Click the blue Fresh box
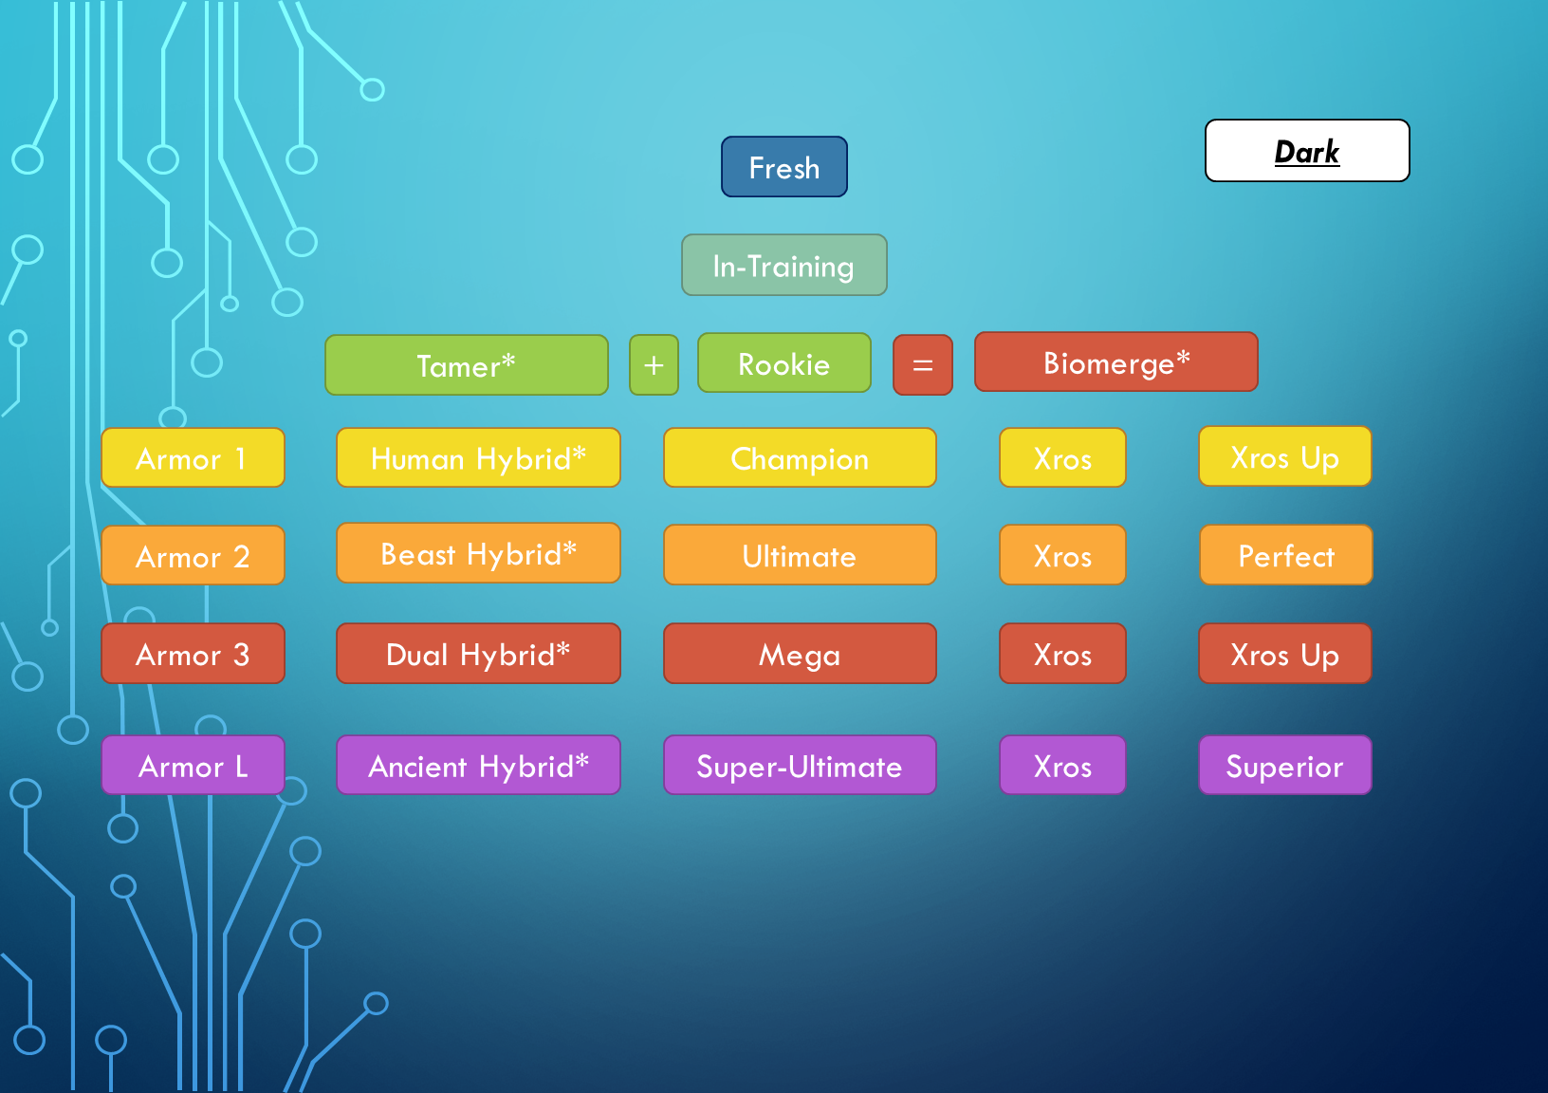tap(784, 167)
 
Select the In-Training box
tap(784, 265)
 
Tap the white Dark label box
tap(1307, 151)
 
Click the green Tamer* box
tap(467, 365)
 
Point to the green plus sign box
tap(654, 365)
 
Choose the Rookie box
tap(784, 363)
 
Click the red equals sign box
tap(923, 365)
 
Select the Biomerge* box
tap(1116, 361)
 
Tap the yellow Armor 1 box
tap(193, 457)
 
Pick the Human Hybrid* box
tap(478, 457)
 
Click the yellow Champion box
tap(800, 457)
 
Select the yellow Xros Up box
tap(1285, 456)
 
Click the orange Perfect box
tap(1286, 555)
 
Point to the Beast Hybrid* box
tap(478, 553)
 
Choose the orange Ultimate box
tap(800, 555)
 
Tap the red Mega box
tap(800, 654)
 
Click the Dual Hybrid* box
tap(478, 654)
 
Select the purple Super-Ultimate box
tap(800, 766)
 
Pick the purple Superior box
tap(1285, 766)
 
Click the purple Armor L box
tap(193, 766)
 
